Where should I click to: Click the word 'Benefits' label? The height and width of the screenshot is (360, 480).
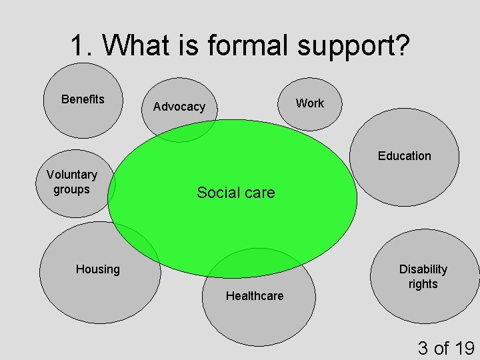pyautogui.click(x=83, y=99)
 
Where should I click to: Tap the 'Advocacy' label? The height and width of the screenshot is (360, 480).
pyautogui.click(x=179, y=107)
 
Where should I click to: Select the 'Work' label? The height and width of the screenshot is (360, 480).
pyautogui.click(x=309, y=103)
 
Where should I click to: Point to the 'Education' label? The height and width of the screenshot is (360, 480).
pyautogui.click(x=404, y=156)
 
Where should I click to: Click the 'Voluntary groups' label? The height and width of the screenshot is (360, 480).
pyautogui.click(x=71, y=182)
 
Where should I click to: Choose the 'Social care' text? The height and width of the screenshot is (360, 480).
pyautogui.click(x=235, y=193)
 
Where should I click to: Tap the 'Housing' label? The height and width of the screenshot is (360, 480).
pyautogui.click(x=97, y=269)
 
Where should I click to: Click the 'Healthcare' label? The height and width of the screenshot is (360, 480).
pyautogui.click(x=254, y=296)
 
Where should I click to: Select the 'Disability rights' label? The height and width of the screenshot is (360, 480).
pyautogui.click(x=423, y=277)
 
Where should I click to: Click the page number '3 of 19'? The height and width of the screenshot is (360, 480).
pyautogui.click(x=445, y=348)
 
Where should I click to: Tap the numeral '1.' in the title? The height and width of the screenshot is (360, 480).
pyautogui.click(x=83, y=46)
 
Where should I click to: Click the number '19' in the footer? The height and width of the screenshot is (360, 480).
pyautogui.click(x=463, y=348)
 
